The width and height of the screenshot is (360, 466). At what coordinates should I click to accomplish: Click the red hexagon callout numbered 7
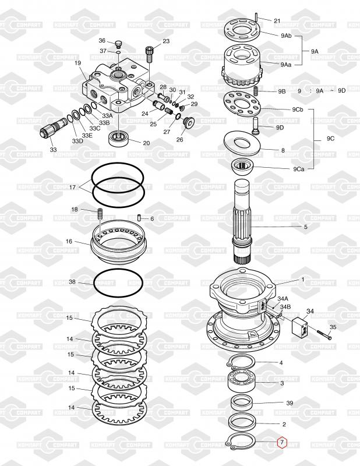coord(282,443)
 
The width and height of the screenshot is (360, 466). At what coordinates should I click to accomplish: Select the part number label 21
coord(277,21)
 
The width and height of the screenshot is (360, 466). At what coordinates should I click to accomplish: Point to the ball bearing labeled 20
coord(119,138)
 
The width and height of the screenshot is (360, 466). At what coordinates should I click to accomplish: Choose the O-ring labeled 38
coord(118,283)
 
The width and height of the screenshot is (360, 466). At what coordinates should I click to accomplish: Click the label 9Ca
coord(299,169)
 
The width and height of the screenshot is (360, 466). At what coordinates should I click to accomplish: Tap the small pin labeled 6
coord(139,217)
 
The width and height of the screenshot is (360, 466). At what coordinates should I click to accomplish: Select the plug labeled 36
coord(118,45)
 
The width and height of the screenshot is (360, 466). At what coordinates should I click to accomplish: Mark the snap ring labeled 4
coord(241,362)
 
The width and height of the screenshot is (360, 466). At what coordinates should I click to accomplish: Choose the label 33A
coord(107,115)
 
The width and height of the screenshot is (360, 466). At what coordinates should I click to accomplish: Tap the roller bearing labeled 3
coord(241,383)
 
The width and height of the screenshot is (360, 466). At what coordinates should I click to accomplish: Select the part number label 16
coord(69,241)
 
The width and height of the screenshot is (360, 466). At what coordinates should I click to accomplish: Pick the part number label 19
coord(78,63)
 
